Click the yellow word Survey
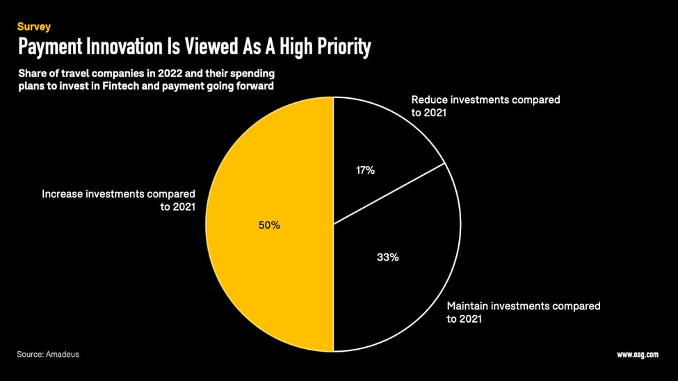coord(34,27)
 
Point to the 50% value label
coord(269,225)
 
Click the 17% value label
coord(365,170)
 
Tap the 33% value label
coord(387,257)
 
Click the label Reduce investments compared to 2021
coord(485,106)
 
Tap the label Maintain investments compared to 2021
coord(523,312)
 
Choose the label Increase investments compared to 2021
coord(119,200)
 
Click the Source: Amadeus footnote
coord(48,355)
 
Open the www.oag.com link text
coord(637,355)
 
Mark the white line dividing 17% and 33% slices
coord(389,194)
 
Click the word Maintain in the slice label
coord(467,306)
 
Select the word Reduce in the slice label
coord(430,99)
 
